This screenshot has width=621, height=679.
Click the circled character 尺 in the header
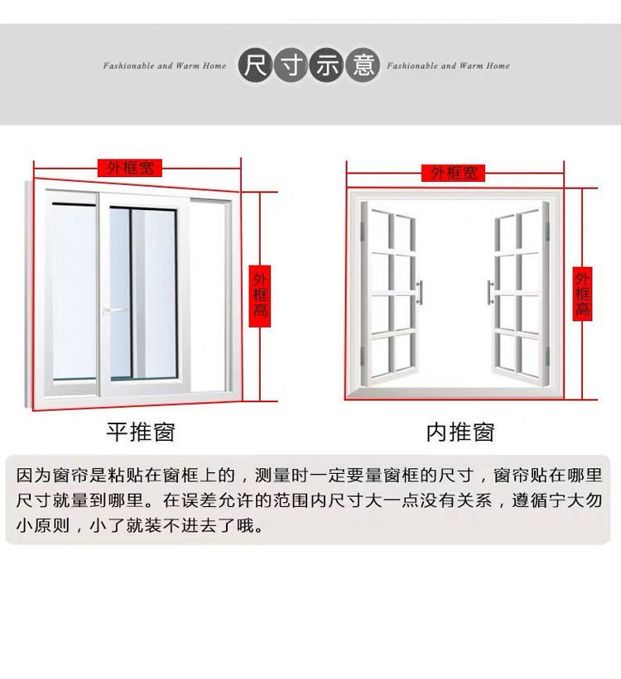[255, 65]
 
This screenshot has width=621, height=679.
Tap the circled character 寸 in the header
[291, 65]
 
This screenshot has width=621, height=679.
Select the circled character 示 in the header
[327, 65]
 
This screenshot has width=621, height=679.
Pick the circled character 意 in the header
[363, 65]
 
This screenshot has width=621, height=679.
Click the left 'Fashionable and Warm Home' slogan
[164, 66]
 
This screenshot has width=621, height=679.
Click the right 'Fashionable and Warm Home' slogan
[448, 66]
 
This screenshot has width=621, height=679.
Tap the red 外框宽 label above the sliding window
[130, 168]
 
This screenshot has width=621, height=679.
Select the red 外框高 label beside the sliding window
[260, 296]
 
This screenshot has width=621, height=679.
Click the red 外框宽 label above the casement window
[453, 173]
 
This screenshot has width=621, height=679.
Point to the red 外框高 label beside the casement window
[582, 294]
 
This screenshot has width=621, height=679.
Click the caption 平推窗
[141, 432]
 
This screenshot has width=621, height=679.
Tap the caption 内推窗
[460, 433]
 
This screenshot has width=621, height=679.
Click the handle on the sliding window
[113, 310]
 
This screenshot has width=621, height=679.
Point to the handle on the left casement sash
[419, 292]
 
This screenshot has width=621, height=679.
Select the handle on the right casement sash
[490, 292]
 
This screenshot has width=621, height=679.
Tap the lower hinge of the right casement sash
[547, 356]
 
